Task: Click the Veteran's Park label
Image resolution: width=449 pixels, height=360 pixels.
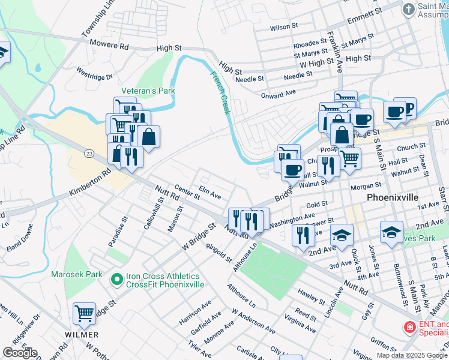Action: coord(148,91)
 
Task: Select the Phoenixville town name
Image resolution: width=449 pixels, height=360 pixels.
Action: coord(393,197)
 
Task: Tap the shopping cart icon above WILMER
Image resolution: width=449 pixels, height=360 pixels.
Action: coord(84,313)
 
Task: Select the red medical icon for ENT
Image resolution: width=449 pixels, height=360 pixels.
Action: coord(409,328)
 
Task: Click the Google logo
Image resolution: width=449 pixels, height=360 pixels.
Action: coord(19,353)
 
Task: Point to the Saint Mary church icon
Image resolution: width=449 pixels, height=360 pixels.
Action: coord(408,9)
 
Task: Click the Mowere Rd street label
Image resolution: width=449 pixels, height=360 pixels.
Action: coord(109,45)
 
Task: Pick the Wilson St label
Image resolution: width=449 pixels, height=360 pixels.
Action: coord(284,27)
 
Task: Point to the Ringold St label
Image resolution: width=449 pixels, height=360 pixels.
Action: coord(218,253)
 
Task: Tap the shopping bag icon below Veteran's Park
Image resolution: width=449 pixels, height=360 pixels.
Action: coord(148,136)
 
